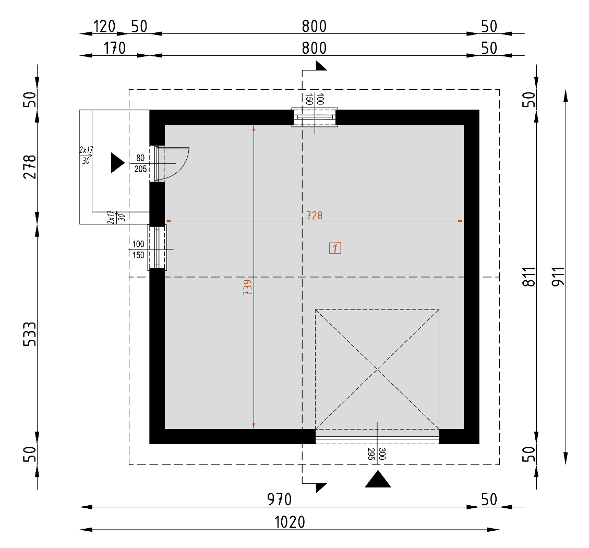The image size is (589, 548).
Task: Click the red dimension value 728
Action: tap(315, 216)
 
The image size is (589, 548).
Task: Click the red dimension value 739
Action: tap(247, 287)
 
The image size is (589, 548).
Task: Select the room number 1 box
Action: tap(335, 248)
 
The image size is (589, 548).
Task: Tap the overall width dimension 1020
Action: tap(290, 522)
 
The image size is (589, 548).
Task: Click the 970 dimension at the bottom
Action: tap(279, 499)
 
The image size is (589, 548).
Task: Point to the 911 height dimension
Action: tap(558, 276)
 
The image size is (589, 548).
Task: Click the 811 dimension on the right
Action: tap(529, 277)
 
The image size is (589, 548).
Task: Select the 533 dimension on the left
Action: tap(30, 334)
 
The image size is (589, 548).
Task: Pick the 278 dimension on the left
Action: tap(30, 166)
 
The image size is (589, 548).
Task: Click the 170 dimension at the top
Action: tap(114, 48)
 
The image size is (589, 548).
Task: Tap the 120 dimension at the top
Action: tap(104, 26)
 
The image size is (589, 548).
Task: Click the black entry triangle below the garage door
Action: tap(378, 480)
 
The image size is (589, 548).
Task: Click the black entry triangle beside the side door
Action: tap(117, 163)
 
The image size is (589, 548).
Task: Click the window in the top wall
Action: tap(315, 117)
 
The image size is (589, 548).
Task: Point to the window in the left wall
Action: tap(157, 247)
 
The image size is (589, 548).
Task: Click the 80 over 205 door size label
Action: tap(140, 163)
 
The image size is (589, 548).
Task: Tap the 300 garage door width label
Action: tap(382, 454)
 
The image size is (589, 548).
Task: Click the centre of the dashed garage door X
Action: tap(377, 370)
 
